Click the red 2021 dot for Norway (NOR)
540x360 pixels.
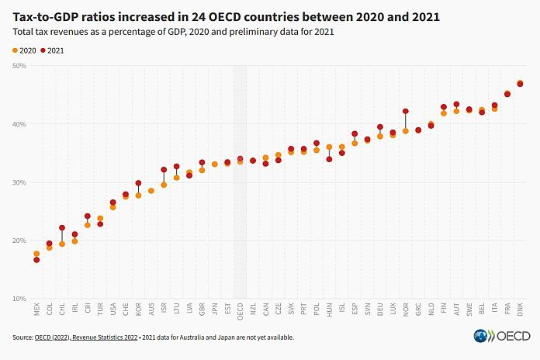406,112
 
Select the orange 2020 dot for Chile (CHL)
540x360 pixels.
62,244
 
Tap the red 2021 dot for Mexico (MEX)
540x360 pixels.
36,259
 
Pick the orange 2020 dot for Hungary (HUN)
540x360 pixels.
329,147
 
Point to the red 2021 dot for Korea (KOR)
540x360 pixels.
138,183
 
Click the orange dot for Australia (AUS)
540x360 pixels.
151,190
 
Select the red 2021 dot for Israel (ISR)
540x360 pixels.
164,169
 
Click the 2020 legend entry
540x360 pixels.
24,50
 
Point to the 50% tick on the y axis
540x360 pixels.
19,66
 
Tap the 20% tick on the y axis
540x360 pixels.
19,241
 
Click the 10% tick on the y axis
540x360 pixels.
19,299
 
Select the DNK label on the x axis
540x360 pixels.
520,310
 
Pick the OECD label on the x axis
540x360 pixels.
240,311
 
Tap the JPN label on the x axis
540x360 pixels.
215,310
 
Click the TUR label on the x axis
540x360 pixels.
100,310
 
